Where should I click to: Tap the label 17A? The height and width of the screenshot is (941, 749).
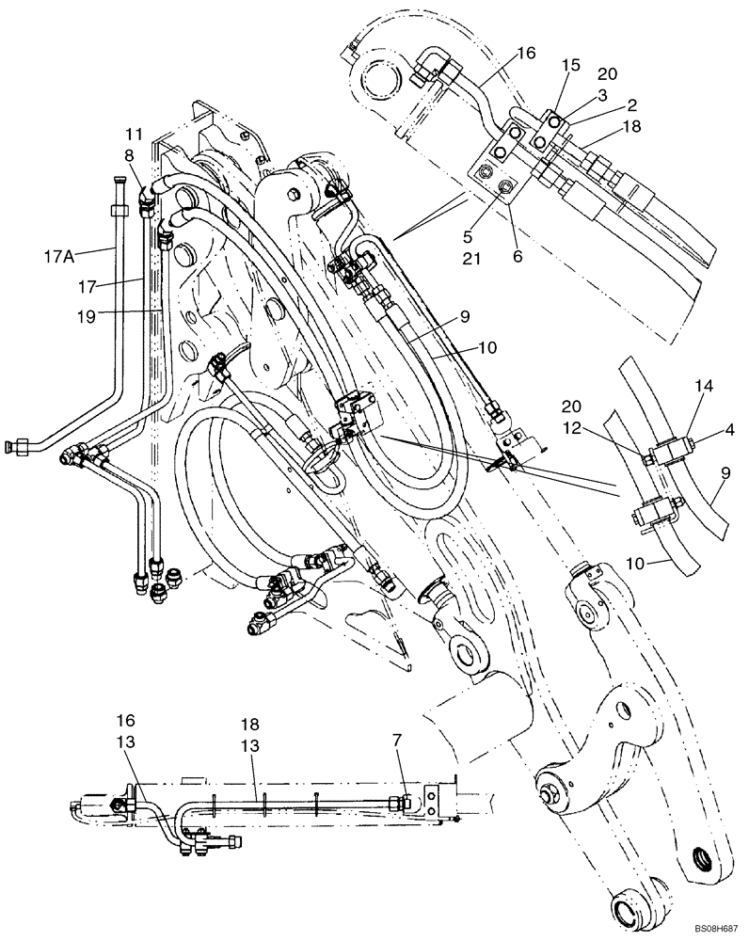click(x=60, y=253)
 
